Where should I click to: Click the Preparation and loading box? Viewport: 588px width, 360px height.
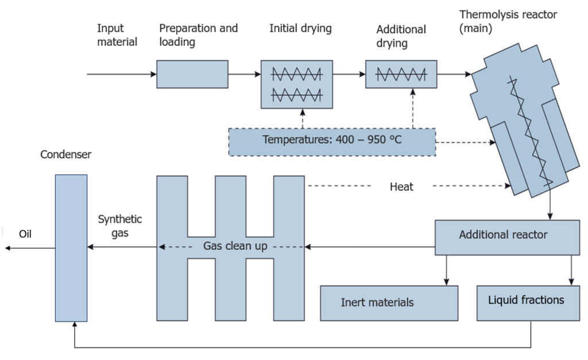point(192,74)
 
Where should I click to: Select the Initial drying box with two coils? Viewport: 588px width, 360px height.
point(297,84)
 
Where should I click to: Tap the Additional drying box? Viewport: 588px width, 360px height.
point(401,74)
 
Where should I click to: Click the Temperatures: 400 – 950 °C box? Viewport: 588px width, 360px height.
point(332,142)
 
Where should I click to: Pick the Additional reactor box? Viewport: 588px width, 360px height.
point(508,238)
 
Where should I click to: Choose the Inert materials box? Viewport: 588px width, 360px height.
point(389,303)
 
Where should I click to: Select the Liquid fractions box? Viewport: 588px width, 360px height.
point(528,303)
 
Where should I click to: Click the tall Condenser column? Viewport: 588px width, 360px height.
point(71,248)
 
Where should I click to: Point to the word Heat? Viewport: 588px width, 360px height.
point(401,187)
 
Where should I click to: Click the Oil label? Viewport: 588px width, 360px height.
point(25,234)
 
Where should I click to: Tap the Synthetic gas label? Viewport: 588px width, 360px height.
point(120,226)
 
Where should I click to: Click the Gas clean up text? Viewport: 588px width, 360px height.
point(235,246)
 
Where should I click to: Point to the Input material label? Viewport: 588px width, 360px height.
point(117,35)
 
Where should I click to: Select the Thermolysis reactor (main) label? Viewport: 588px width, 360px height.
point(508,21)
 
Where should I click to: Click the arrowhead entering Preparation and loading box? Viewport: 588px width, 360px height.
point(154,74)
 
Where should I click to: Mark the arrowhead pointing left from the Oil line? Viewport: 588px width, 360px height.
point(7,248)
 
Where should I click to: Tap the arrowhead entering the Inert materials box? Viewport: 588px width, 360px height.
point(446,282)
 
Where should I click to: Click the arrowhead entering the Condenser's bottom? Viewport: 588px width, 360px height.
point(75,325)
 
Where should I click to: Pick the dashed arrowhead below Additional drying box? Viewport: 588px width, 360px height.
point(413,91)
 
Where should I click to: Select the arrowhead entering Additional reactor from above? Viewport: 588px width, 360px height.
point(550,217)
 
